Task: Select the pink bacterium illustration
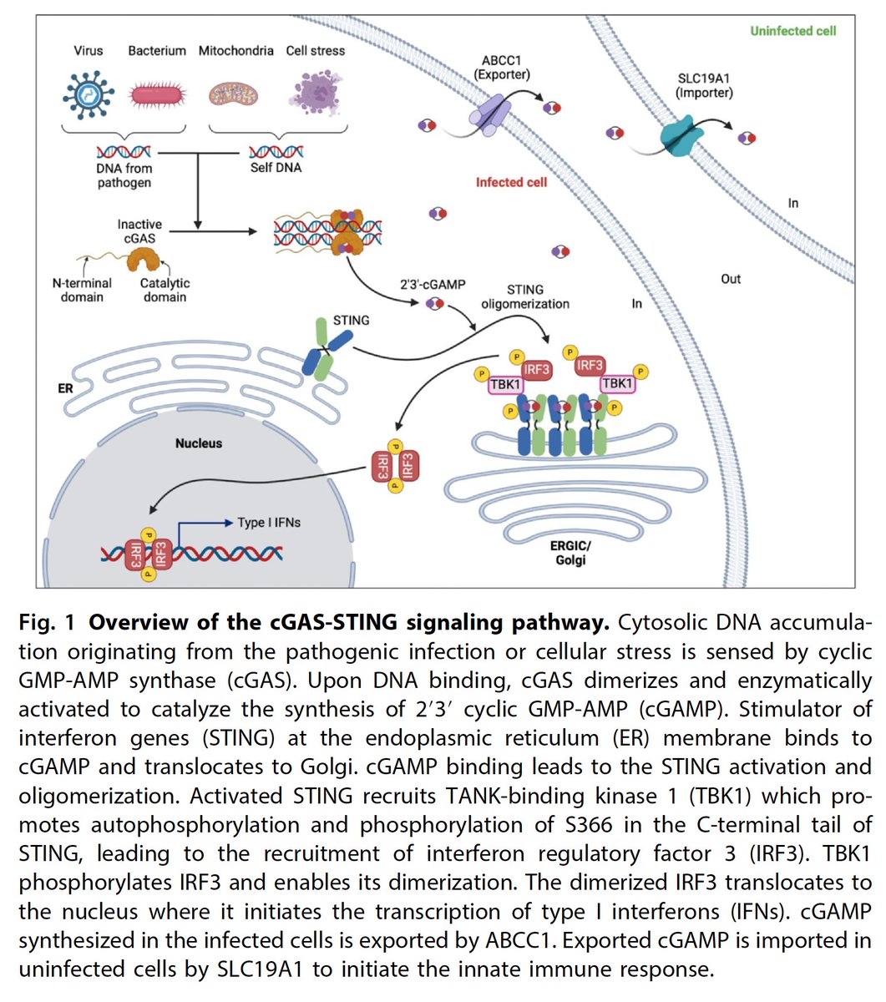click(156, 92)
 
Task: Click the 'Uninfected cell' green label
click(792, 31)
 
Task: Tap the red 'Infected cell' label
click(511, 182)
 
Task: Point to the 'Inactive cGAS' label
click(139, 231)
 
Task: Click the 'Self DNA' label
click(276, 168)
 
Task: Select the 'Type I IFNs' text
click(269, 523)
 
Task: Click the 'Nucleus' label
click(198, 443)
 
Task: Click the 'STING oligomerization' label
click(524, 296)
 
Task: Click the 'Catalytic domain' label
click(165, 290)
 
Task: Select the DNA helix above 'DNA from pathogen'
click(124, 152)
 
